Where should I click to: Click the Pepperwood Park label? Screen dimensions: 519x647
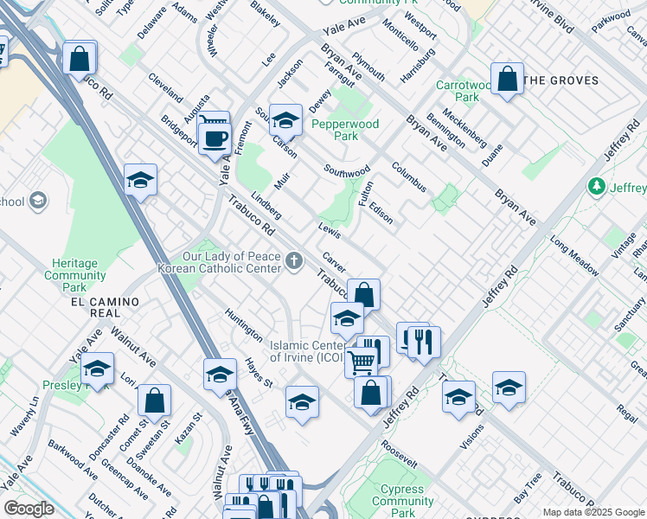pyautogui.click(x=346, y=130)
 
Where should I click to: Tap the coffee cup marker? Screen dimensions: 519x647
pyautogui.click(x=214, y=138)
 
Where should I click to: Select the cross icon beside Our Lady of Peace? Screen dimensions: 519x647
pyautogui.click(x=295, y=260)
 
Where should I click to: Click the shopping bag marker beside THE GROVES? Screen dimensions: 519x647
pyautogui.click(x=507, y=79)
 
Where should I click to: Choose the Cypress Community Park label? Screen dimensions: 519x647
pyautogui.click(x=402, y=501)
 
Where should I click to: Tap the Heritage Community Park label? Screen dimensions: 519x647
pyautogui.click(x=75, y=274)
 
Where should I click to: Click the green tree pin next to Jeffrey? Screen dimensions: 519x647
pyautogui.click(x=595, y=187)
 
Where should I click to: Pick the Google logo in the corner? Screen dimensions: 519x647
pyautogui.click(x=28, y=509)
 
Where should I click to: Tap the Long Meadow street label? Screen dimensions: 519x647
pyautogui.click(x=573, y=256)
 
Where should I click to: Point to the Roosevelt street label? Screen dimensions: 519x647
pyautogui.click(x=399, y=456)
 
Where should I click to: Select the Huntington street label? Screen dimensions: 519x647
pyautogui.click(x=243, y=324)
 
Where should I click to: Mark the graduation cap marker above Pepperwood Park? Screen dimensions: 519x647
pyautogui.click(x=285, y=119)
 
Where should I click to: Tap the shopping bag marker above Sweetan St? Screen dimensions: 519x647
pyautogui.click(x=154, y=400)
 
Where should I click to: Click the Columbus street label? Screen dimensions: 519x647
pyautogui.click(x=408, y=176)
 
